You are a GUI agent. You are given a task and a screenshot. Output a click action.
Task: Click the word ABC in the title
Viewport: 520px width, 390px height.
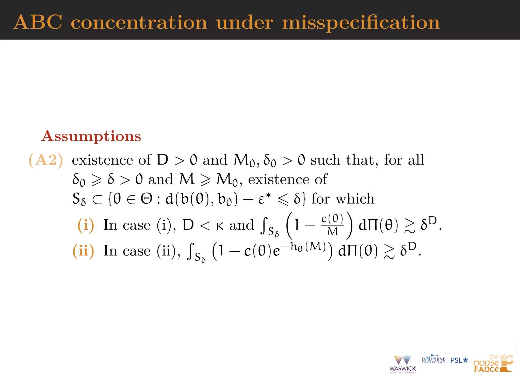point(38,22)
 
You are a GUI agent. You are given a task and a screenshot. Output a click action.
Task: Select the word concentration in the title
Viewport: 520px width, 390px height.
point(139,23)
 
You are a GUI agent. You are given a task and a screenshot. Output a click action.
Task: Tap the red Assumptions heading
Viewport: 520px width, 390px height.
point(91,136)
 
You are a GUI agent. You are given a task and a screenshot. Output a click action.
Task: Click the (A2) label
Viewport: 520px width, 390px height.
point(46,160)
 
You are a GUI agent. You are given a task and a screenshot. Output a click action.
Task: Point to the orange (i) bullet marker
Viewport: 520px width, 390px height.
point(86,225)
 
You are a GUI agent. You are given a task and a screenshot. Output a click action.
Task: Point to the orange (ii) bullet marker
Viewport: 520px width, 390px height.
point(83,251)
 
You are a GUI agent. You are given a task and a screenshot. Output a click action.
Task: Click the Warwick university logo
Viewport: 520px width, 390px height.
point(402,364)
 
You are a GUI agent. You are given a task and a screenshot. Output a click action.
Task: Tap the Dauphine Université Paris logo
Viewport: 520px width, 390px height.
point(433,360)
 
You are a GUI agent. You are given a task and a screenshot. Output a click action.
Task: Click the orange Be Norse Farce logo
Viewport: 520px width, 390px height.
point(493,364)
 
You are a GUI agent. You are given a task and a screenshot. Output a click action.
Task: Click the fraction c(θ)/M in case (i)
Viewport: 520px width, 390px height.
point(332,225)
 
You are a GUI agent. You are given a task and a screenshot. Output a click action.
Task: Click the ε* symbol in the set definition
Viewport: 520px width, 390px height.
point(264,199)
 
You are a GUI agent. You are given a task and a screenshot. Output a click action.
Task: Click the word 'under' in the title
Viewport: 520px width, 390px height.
point(245,23)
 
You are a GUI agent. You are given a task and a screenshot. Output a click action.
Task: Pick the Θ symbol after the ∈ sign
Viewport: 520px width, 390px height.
point(147,199)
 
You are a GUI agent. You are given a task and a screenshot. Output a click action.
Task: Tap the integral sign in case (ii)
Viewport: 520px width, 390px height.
point(190,251)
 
